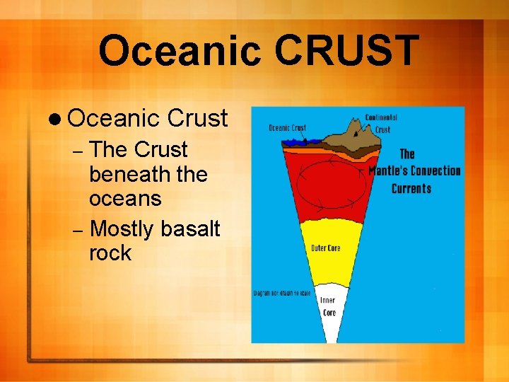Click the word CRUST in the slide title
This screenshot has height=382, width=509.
pos(346,51)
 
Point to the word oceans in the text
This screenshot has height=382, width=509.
pos(125,199)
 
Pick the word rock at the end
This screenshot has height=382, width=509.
pos(110,253)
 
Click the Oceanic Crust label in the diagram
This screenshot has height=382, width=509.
pos(287,128)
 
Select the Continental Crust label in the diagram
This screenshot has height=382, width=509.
pos(381,123)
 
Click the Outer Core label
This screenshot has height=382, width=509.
pos(327,248)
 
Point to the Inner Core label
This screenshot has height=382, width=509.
pos(329,306)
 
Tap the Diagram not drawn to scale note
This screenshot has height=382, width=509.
pos(282,292)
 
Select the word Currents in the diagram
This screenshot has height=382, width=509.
pos(411,188)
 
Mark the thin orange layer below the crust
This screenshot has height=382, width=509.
pos(311,149)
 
